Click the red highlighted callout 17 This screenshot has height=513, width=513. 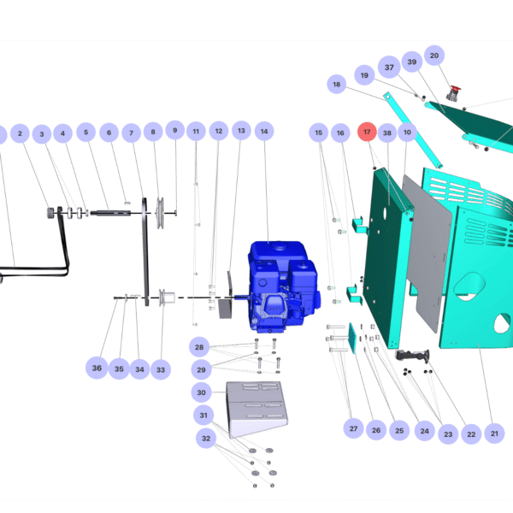coord(367,133)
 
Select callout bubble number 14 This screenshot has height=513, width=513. coord(264,132)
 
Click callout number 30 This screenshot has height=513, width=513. coord(201,392)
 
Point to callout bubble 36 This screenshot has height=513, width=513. coord(97,369)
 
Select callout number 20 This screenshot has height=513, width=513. coord(433,56)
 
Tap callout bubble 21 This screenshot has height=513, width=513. coord(494,433)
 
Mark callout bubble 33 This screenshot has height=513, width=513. coord(160,369)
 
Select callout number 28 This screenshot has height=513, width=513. coord(199,347)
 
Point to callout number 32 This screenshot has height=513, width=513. coord(206,438)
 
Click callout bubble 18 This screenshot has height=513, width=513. coord(336,85)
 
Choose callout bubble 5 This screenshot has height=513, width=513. coord(85,133)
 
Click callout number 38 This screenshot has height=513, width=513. coord(386,133)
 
